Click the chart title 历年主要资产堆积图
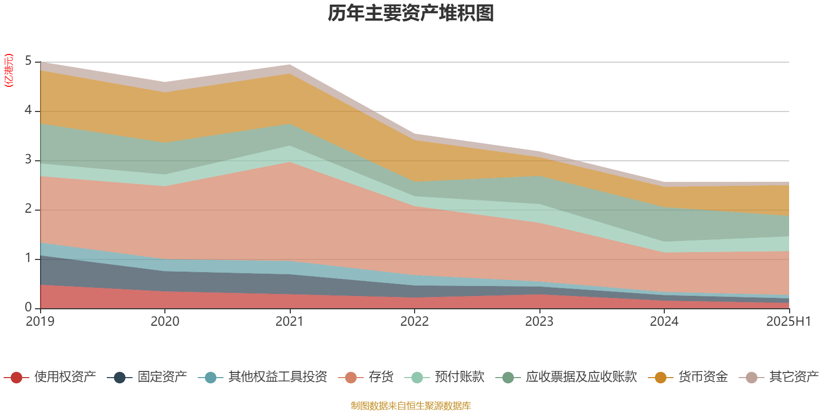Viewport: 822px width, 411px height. tap(411, 13)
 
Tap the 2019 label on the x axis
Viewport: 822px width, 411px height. tap(40, 322)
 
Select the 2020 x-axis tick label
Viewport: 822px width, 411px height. tap(165, 322)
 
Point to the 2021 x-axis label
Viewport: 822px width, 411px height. tap(290, 322)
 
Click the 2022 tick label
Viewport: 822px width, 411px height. tap(415, 322)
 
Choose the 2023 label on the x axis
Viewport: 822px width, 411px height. tap(539, 322)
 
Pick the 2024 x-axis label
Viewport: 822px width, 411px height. tap(664, 322)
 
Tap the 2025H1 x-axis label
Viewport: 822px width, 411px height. tap(788, 322)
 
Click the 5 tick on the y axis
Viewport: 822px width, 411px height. tap(28, 61)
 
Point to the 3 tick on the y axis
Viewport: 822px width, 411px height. tap(28, 160)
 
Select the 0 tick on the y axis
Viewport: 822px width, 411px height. tap(28, 307)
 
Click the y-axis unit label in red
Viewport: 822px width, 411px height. tap(8, 70)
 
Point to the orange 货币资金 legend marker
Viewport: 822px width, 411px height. tap(661, 378)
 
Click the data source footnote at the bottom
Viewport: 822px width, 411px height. tap(411, 406)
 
